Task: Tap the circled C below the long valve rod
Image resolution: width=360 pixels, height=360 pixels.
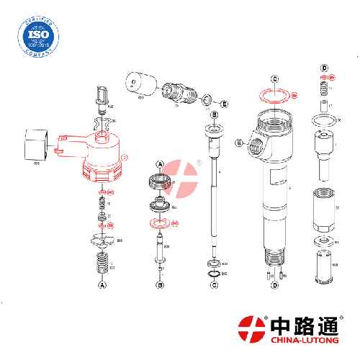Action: point(214,285)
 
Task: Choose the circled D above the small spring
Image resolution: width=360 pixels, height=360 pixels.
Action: point(325,68)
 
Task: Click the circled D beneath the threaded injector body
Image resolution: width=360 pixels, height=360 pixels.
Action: point(274,285)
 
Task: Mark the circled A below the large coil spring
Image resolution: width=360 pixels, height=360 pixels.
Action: point(102,285)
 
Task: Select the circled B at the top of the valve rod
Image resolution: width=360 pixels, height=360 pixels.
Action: point(214,114)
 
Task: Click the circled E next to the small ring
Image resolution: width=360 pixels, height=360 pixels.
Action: point(225,104)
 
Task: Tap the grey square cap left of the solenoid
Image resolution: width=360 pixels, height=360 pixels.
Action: point(35,143)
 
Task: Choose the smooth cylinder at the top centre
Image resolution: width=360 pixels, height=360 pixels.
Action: point(141,84)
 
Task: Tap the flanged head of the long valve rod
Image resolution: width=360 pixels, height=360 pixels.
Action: point(214,132)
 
